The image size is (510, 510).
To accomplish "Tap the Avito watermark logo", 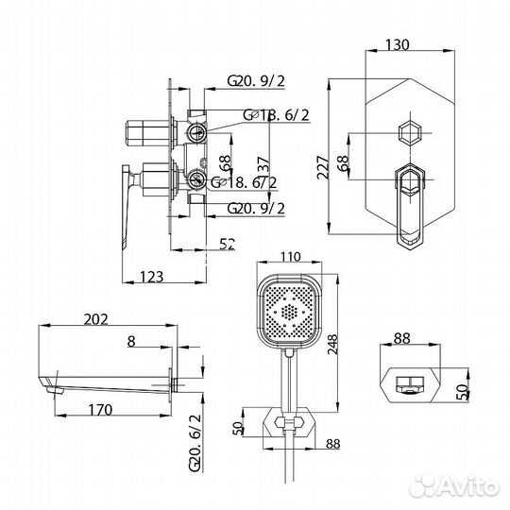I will (458, 487).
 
